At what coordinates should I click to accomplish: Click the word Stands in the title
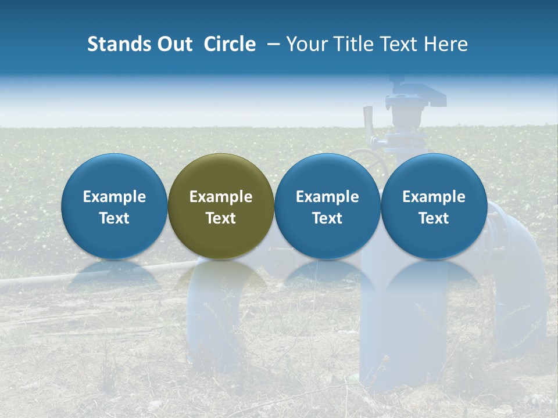coord(119,44)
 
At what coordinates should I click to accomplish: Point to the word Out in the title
coord(174,44)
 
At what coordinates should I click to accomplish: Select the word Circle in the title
coord(230,44)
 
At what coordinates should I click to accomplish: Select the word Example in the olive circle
coord(221,197)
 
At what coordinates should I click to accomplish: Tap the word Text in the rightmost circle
coord(434,218)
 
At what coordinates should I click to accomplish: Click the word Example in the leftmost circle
coord(114,197)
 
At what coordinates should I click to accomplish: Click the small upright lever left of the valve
coord(367,119)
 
